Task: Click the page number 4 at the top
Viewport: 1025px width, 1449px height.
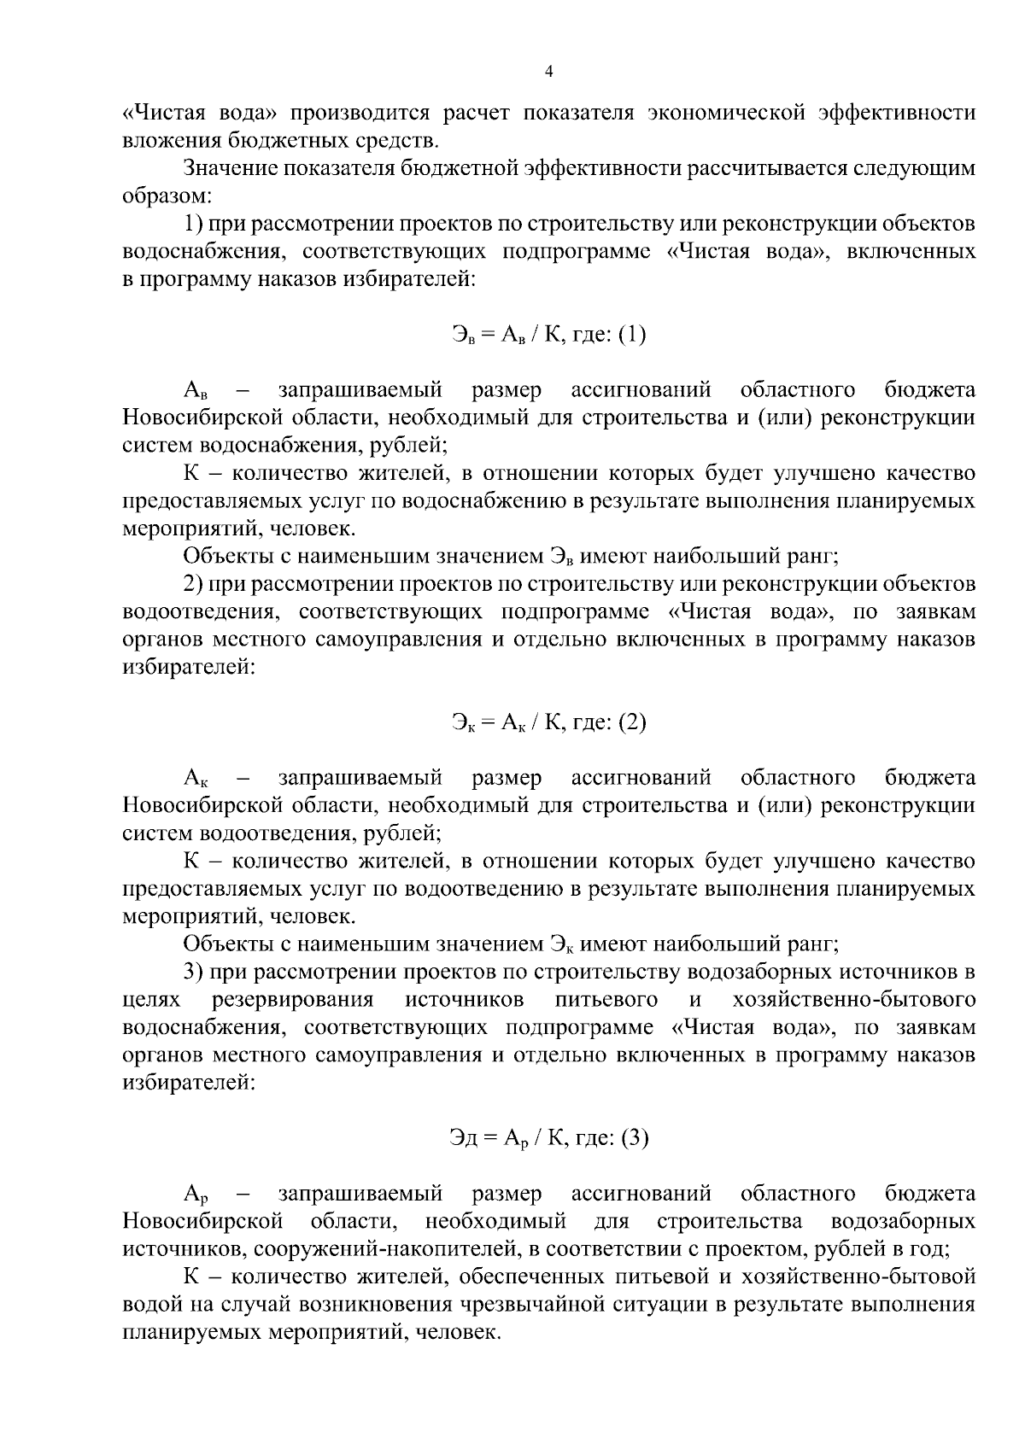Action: tap(548, 72)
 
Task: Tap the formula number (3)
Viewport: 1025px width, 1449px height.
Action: tap(634, 1137)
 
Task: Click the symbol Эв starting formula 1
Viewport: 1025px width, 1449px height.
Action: tap(461, 335)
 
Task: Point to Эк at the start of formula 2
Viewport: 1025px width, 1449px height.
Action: tap(461, 723)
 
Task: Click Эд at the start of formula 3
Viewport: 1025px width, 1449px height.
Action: tap(463, 1137)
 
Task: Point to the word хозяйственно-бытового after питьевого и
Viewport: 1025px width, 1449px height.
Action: tap(853, 999)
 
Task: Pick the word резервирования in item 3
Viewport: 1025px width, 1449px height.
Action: tap(293, 999)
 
